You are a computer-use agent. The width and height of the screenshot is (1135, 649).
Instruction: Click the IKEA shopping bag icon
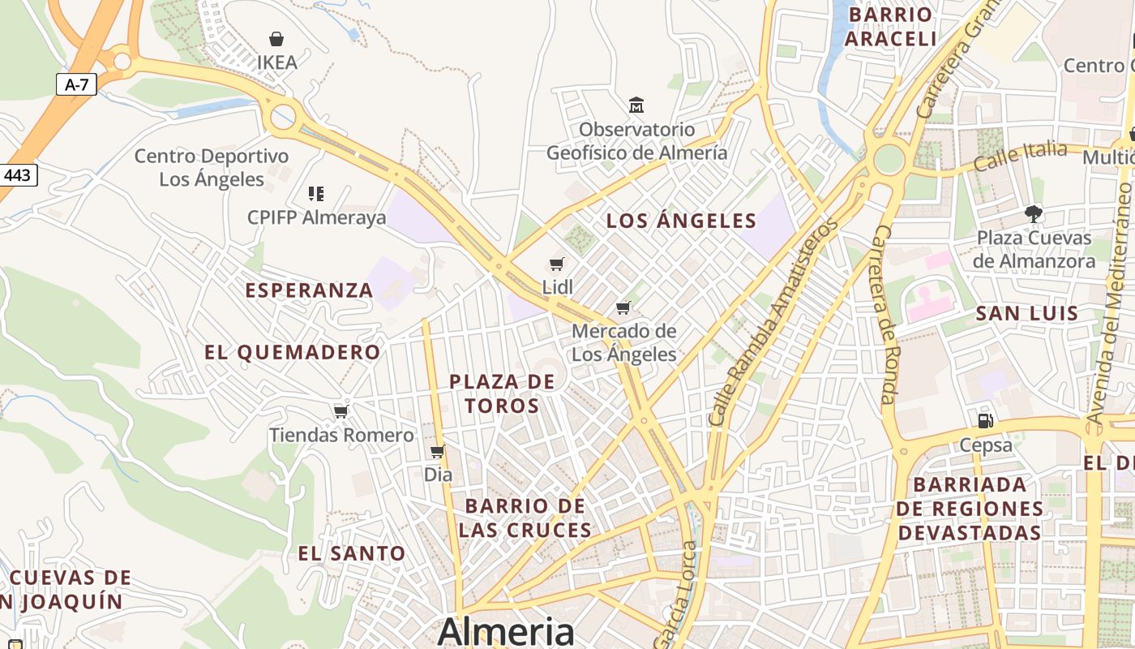276,38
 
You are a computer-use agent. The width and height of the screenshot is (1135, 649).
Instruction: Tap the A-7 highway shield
76,84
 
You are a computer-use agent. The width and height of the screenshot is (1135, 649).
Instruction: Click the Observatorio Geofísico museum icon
636,105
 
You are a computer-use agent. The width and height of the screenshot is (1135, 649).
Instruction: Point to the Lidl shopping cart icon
557,264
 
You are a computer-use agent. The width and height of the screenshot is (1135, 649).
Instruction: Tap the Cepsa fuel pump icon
986,420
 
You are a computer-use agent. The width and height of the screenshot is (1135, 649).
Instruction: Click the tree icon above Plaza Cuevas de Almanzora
1034,214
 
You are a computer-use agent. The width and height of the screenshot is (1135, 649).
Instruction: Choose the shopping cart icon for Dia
438,451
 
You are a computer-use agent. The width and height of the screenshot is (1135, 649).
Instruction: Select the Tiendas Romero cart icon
341,411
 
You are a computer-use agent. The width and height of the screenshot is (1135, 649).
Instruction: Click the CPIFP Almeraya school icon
316,194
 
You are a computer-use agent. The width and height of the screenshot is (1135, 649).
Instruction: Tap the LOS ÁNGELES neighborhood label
681,221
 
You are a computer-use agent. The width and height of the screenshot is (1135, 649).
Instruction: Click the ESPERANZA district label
309,290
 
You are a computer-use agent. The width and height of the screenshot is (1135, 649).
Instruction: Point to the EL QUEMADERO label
292,352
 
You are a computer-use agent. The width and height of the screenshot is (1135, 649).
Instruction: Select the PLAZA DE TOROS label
503,393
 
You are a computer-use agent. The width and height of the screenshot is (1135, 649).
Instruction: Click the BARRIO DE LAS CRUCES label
525,518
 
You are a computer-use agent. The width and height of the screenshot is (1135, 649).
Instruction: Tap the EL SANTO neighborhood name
352,553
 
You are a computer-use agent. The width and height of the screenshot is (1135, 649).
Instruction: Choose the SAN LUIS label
1026,313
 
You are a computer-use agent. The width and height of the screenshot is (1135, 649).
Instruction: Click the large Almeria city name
506,631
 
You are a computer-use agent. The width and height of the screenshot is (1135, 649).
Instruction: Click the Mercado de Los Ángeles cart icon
623,307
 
